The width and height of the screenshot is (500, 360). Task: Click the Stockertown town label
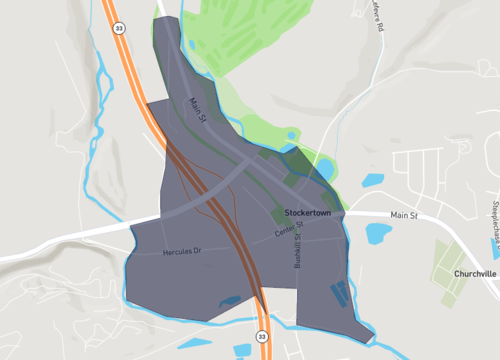click(313, 214)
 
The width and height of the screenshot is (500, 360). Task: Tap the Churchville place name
click(474, 273)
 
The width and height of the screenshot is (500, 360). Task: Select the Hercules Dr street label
click(182, 252)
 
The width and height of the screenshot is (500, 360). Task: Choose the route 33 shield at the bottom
click(263, 337)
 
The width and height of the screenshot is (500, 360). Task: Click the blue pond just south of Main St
click(378, 234)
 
